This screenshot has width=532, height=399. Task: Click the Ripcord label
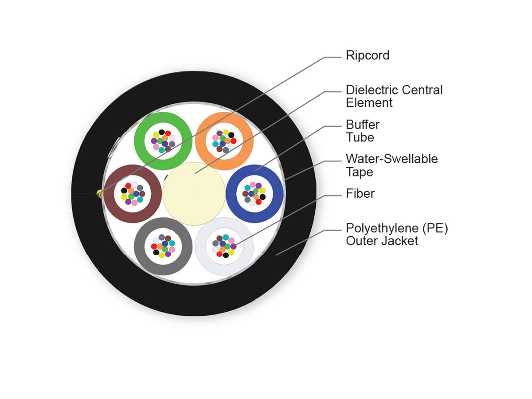point(368,56)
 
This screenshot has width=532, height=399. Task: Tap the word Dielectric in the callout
point(372,90)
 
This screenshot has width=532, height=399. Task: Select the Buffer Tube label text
point(363,131)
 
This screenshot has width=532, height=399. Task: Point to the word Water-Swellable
point(391,159)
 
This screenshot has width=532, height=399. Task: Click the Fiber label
point(360,194)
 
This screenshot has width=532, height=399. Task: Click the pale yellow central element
point(194,194)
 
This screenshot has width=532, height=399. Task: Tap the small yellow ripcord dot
point(99,194)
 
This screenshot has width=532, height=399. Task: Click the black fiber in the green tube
point(162,132)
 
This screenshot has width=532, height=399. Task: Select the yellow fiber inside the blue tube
point(262,191)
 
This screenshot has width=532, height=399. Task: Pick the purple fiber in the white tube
point(233,246)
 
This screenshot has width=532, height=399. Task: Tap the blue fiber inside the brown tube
point(136,194)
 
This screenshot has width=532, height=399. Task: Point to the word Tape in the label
point(360,172)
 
